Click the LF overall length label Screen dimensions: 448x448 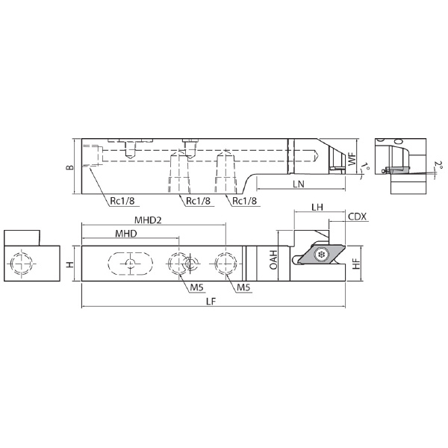211,302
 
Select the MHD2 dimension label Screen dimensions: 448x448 148,220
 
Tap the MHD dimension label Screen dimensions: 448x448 126,234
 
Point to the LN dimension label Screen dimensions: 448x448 299,184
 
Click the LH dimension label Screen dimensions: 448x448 317,207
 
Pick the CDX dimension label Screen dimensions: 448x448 357,217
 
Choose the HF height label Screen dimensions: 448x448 356,264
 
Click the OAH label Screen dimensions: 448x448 273,260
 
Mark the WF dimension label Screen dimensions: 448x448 352,158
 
